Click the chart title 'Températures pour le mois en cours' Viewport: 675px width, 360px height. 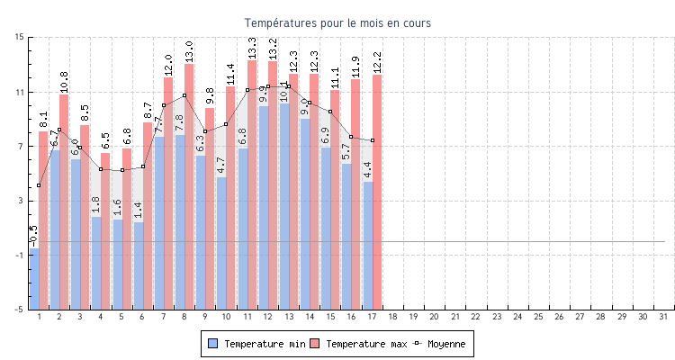337,22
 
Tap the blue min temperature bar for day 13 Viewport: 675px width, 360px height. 284,206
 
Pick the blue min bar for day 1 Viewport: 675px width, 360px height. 34,278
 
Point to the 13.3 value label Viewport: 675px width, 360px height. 252,48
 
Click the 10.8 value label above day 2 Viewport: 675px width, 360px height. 64,82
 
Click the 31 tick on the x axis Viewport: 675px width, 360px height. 663,317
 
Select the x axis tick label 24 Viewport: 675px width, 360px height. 517,317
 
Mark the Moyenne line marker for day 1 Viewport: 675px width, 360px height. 39,185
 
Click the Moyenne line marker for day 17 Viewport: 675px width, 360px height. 373,140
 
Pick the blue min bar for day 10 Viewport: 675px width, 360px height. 221,243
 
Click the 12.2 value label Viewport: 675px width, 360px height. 377,62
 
